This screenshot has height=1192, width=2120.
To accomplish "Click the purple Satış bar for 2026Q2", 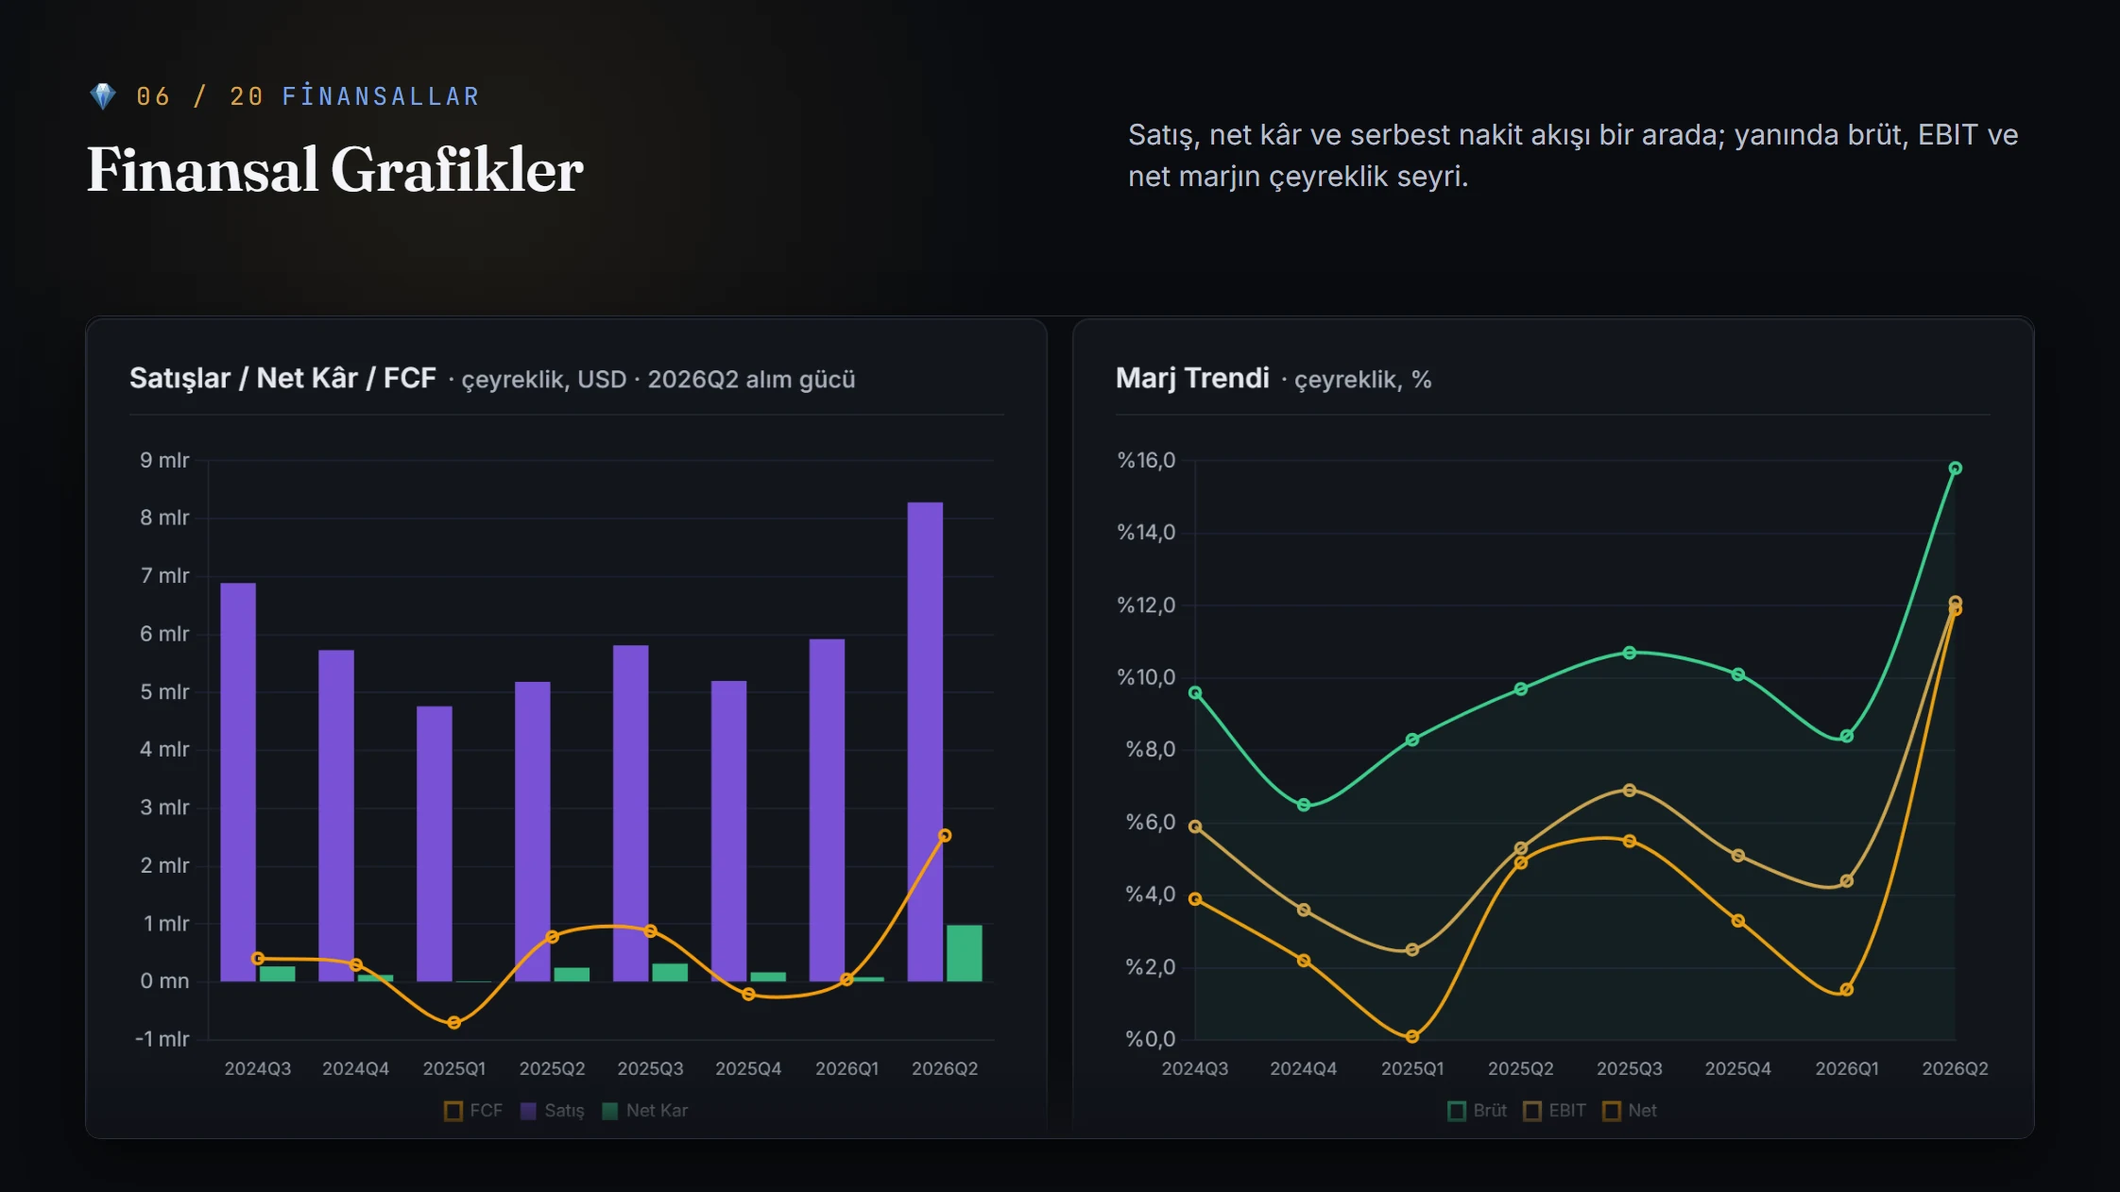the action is point(925,741).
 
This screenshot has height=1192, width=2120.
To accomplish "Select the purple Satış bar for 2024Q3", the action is point(238,782).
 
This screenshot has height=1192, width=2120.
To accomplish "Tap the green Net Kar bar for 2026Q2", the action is point(965,953).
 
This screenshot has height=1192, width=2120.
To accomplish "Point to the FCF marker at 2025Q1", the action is point(454,1023).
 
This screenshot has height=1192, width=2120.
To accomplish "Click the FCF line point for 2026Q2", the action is point(945,836).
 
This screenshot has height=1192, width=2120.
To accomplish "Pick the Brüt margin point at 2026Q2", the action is point(1956,468).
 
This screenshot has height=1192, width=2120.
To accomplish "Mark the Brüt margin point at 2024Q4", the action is point(1304,806).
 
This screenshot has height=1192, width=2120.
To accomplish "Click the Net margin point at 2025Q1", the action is point(1412,1036).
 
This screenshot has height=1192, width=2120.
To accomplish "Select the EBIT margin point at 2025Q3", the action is point(1630,791).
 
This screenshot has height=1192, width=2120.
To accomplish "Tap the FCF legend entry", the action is point(473,1111).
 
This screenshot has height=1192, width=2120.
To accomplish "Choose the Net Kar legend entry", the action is point(645,1111).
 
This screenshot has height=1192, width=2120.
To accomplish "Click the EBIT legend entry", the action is point(1555,1111).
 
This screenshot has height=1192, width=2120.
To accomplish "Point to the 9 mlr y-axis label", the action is point(164,460).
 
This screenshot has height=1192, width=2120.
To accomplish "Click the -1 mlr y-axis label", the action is point(162,1039).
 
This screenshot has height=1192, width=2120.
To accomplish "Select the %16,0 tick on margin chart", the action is point(1147,460).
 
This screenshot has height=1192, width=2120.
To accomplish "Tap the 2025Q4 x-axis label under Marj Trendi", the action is point(1738,1068).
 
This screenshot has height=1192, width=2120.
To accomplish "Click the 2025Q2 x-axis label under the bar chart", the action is point(553,1068).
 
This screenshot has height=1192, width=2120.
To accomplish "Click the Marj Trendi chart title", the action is point(1192,378).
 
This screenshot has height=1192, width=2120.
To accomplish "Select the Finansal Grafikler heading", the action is point(335,170).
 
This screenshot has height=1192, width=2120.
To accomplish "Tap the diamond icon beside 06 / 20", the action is point(102,96).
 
